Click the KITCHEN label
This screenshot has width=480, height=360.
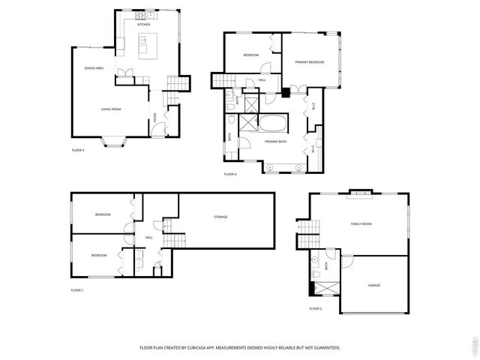click(144, 25)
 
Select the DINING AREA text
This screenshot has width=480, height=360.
click(94, 68)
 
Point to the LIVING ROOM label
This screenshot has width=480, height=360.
click(111, 109)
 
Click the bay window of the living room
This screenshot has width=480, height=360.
click(115, 142)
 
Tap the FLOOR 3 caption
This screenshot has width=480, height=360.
click(78, 151)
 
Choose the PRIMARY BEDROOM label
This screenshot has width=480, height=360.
click(309, 62)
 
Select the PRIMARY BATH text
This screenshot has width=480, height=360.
click(276, 141)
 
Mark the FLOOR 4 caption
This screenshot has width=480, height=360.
click(230, 174)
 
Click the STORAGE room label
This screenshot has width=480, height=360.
click(220, 217)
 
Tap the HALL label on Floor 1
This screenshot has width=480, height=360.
click(148, 238)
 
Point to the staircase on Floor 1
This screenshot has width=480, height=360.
click(174, 240)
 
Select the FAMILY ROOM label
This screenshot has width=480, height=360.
click(361, 223)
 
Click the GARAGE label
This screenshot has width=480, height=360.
click(373, 286)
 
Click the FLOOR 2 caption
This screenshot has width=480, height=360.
click(315, 308)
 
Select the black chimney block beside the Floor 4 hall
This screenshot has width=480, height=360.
click(286, 93)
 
